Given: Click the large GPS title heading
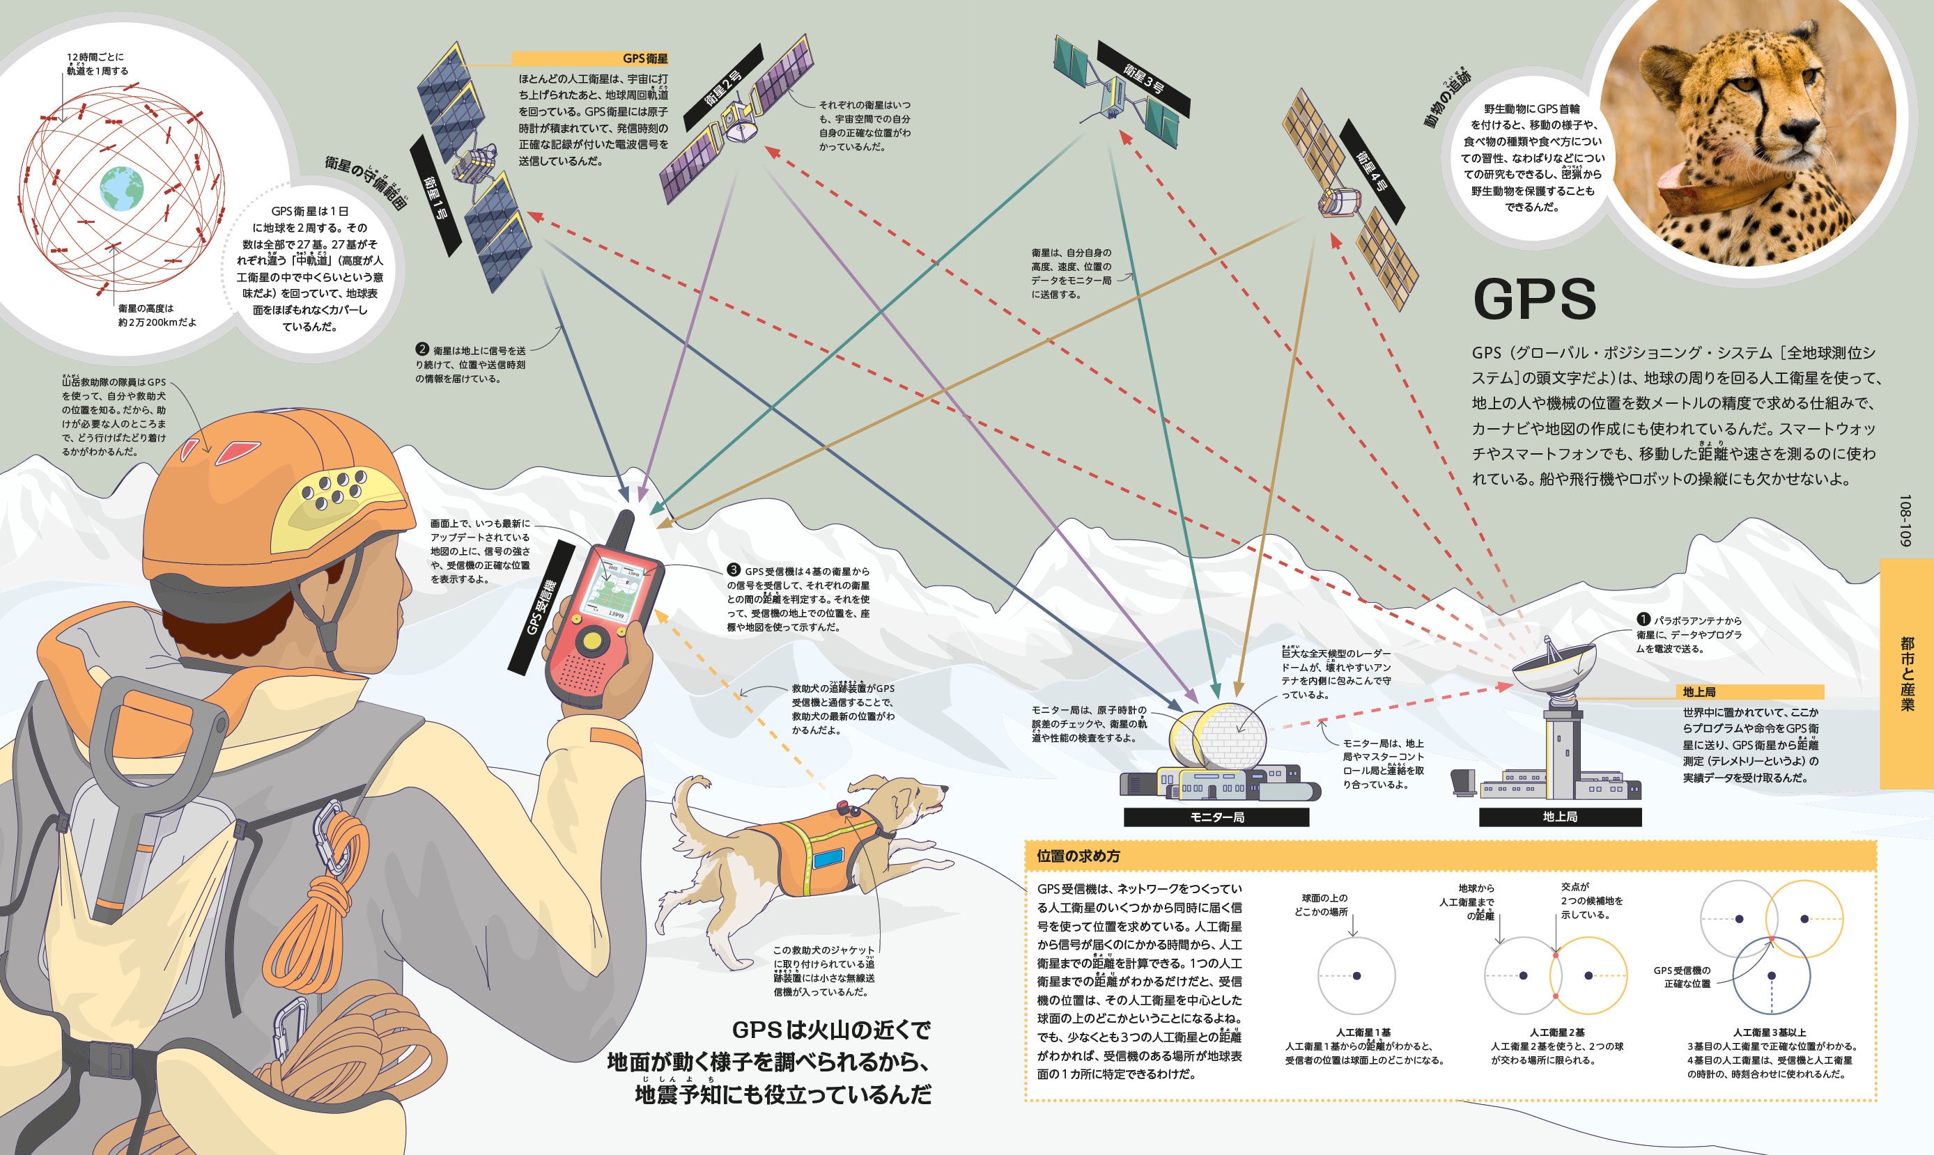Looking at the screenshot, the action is [1534, 299].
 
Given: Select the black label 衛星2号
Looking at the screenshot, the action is [723, 87].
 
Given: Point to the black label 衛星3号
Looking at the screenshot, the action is [1144, 79].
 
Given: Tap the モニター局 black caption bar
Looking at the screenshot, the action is [1216, 817].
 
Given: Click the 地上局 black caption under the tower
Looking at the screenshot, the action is [1559, 817].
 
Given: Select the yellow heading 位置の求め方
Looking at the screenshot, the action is [1078, 856].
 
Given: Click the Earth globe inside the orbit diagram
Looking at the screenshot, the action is [121, 187].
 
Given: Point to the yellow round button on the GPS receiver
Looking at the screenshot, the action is [594, 641].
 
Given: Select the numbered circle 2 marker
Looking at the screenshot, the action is [423, 349].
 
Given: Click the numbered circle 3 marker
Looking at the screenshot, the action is [734, 570].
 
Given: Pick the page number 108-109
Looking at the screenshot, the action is [1905, 520].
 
